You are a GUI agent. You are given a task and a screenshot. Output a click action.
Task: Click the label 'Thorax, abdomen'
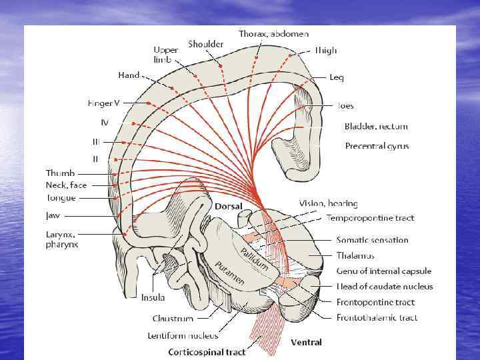pyautogui.click(x=273, y=33)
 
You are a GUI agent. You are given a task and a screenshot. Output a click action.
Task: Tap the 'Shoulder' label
pyautogui.click(x=205, y=44)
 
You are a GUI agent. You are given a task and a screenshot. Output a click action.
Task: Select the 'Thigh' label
pyautogui.click(x=326, y=50)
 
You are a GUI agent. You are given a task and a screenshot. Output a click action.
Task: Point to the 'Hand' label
pyautogui.click(x=129, y=75)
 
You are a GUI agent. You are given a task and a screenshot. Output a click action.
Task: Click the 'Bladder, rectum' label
pyautogui.click(x=376, y=126)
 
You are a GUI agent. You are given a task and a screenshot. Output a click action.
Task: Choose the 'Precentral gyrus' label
pyautogui.click(x=377, y=146)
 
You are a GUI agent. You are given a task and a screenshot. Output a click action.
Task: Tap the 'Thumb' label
pyautogui.click(x=60, y=173)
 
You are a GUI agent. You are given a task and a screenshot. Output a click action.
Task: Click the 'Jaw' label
pyautogui.click(x=53, y=215)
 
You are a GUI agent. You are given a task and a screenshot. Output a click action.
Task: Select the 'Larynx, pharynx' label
pyautogui.click(x=62, y=239)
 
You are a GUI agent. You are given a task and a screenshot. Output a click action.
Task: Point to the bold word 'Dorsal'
pyautogui.click(x=228, y=207)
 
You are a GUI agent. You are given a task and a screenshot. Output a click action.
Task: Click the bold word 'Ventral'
pyautogui.click(x=306, y=343)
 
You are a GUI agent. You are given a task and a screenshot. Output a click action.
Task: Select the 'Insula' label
pyautogui.click(x=153, y=297)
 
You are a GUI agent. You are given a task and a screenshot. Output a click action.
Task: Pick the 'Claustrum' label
pyautogui.click(x=173, y=319)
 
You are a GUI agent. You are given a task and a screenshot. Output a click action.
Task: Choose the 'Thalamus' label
pyautogui.click(x=355, y=255)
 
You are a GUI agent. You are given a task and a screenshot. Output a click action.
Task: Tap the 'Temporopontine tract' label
pyautogui.click(x=370, y=218)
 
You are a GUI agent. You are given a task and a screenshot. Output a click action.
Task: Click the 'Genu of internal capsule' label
pyautogui.click(x=383, y=271)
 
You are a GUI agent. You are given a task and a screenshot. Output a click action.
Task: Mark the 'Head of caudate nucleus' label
pyautogui.click(x=385, y=287)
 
